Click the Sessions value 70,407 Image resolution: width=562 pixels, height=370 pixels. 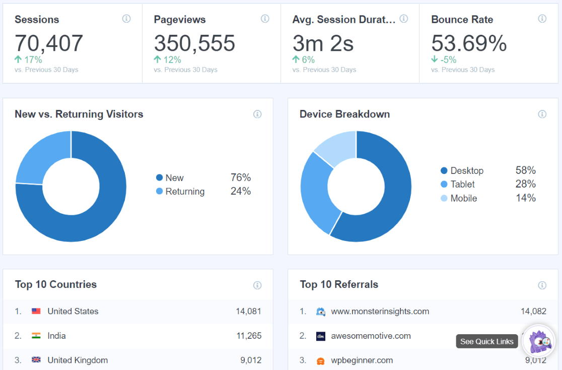(49, 43)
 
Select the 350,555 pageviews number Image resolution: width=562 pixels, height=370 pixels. (194, 43)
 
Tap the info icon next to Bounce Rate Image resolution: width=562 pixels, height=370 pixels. (542, 19)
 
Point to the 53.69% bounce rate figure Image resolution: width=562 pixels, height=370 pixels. (469, 43)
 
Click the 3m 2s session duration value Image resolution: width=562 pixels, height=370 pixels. (323, 43)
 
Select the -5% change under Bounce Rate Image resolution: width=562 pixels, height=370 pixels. (444, 59)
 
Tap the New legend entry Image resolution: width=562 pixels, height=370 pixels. (174, 177)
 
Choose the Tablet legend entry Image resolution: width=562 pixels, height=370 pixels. (462, 184)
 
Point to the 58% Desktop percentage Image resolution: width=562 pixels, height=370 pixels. (525, 170)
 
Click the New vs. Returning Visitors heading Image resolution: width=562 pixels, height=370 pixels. (79, 114)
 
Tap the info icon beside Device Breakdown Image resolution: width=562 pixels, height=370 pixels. (542, 114)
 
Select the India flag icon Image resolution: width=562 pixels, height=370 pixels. (36, 336)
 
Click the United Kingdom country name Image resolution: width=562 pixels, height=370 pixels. (78, 360)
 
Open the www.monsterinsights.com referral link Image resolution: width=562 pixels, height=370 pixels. (380, 312)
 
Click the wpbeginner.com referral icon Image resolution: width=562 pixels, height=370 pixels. (321, 360)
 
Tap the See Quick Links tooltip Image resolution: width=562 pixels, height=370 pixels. (487, 341)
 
